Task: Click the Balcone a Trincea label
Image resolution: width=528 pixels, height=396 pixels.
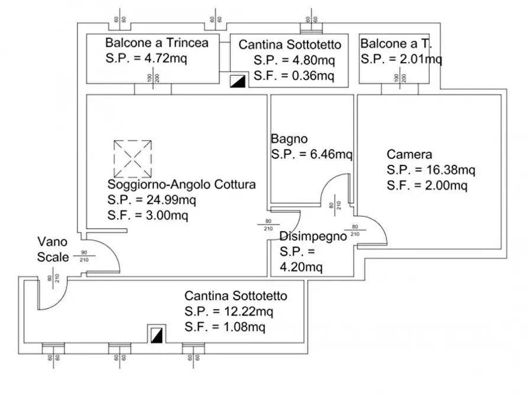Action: (157, 43)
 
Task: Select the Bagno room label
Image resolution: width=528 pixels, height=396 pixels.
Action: (289, 139)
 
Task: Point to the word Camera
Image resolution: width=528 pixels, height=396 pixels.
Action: (409, 155)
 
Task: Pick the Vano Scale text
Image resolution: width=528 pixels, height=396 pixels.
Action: (53, 249)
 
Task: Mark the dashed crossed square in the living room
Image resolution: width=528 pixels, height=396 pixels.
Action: (132, 158)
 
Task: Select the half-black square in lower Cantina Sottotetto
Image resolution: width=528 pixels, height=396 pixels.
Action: (157, 335)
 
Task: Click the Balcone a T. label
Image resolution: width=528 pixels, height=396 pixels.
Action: (394, 43)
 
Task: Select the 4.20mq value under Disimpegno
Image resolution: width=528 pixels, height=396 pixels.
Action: (302, 268)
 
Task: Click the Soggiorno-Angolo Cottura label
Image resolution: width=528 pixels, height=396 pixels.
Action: (182, 184)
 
